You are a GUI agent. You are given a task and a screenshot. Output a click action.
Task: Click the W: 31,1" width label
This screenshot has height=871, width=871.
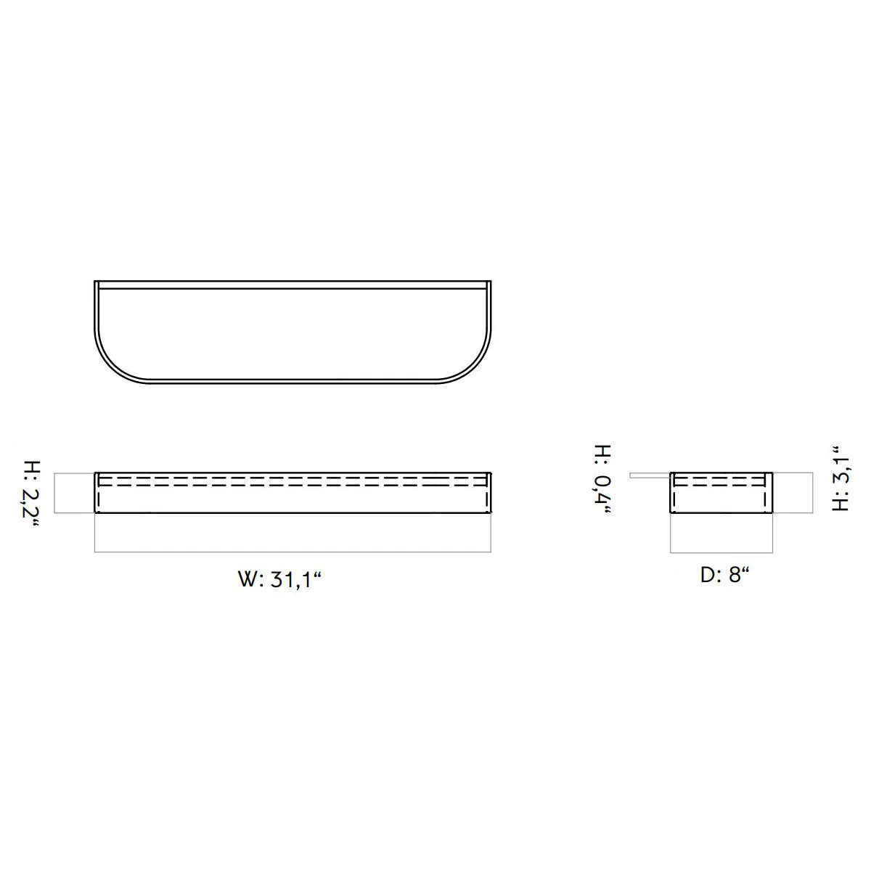pyautogui.click(x=279, y=581)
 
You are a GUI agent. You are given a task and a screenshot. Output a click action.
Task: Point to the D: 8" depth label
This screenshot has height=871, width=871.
pyautogui.click(x=724, y=576)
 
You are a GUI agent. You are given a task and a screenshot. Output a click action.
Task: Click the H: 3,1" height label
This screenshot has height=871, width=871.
pyautogui.click(x=840, y=479)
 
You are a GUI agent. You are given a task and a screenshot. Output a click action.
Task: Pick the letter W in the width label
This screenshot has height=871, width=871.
pyautogui.click(x=248, y=581)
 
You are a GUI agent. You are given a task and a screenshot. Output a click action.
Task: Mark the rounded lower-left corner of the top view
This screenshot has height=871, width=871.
pyautogui.click(x=109, y=367)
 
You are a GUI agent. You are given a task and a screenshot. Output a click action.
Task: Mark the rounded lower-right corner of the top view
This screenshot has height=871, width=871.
pyautogui.click(x=475, y=367)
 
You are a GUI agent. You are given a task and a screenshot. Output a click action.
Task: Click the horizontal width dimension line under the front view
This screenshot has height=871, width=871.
pyautogui.click(x=292, y=553)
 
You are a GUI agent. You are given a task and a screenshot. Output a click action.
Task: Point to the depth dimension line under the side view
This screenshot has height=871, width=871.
pyautogui.click(x=721, y=553)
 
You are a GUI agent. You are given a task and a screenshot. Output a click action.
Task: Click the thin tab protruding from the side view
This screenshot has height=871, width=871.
pyautogui.click(x=650, y=476)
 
